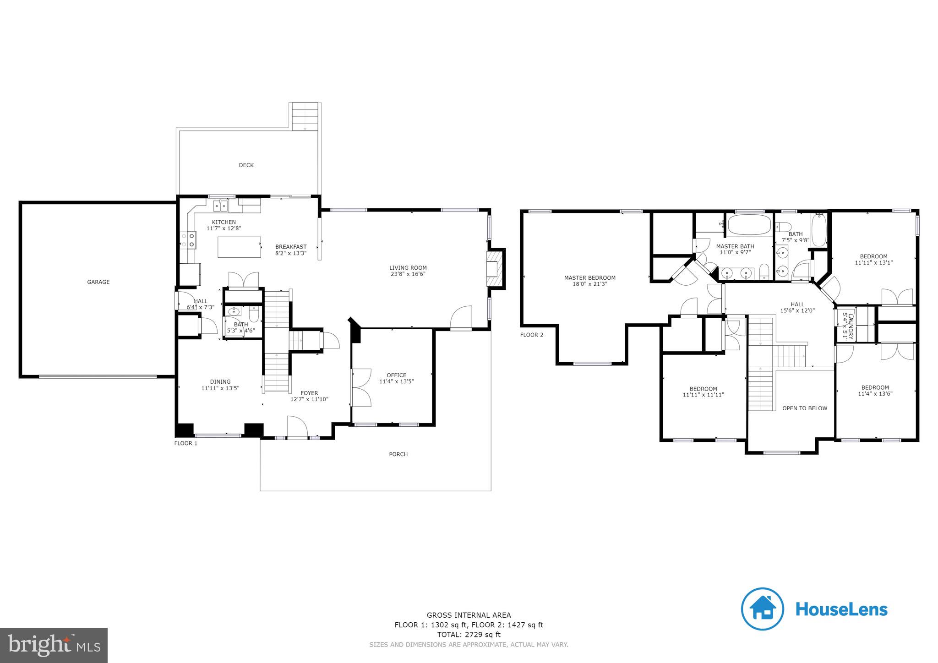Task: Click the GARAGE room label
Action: point(98,282)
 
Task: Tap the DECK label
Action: point(246,165)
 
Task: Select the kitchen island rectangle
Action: point(239,247)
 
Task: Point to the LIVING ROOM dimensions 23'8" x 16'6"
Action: point(408,274)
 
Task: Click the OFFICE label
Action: point(396,375)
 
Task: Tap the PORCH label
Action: point(398,454)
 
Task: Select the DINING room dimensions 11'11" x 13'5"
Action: point(220,388)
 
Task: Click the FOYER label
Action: point(309,393)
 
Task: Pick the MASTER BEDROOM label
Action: point(589,277)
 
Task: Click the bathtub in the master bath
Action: point(749,226)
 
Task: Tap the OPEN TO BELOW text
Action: point(804,408)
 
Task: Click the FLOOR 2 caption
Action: point(531,335)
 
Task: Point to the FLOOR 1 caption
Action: point(185,443)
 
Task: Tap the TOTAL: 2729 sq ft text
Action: point(469,635)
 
